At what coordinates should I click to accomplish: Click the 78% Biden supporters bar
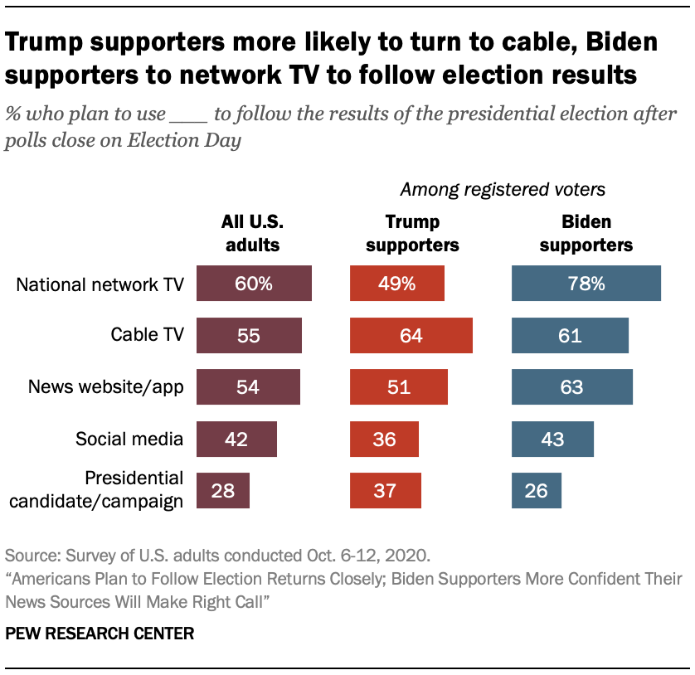pyautogui.click(x=586, y=284)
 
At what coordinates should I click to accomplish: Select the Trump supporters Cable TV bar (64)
pyautogui.click(x=411, y=335)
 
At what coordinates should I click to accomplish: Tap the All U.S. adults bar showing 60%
pyautogui.click(x=254, y=284)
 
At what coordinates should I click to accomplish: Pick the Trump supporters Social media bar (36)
pyautogui.click(x=384, y=439)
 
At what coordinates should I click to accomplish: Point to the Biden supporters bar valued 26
pyautogui.click(x=537, y=490)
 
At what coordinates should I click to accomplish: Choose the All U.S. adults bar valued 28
pyautogui.click(x=223, y=490)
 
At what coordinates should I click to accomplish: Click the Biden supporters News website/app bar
pyautogui.click(x=572, y=386)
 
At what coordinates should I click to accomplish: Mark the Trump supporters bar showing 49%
pyautogui.click(x=397, y=284)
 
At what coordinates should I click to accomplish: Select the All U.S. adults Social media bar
pyautogui.click(x=236, y=439)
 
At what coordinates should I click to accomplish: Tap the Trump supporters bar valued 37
pyautogui.click(x=386, y=490)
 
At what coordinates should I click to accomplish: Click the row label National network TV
pyautogui.click(x=100, y=284)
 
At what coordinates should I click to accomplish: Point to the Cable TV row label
pyautogui.click(x=147, y=335)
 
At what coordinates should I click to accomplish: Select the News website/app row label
pyautogui.click(x=105, y=386)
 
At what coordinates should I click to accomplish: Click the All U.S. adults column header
pyautogui.click(x=250, y=233)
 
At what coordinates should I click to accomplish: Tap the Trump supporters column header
pyautogui.click(x=412, y=233)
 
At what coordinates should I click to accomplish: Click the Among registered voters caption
pyautogui.click(x=503, y=190)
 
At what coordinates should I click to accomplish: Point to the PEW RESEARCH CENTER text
pyautogui.click(x=100, y=634)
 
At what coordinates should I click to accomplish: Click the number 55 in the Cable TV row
pyautogui.click(x=249, y=336)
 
